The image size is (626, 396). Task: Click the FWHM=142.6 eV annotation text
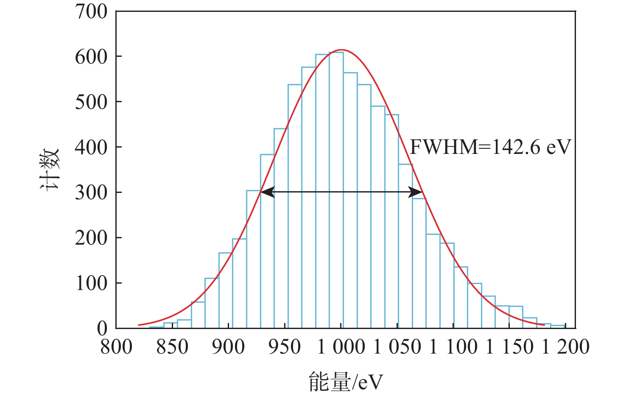pyautogui.click(x=490, y=147)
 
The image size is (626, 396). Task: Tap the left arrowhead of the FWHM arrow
pyautogui.click(x=267, y=192)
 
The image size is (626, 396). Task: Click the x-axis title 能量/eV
pyautogui.click(x=345, y=382)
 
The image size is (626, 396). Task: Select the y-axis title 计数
pyautogui.click(x=50, y=170)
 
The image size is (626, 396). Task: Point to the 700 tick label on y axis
pyautogui.click(x=91, y=12)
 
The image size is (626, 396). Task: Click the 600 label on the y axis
pyautogui.click(x=91, y=57)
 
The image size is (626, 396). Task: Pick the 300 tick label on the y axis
pyautogui.click(x=91, y=192)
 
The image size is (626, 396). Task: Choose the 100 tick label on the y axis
pyautogui.click(x=91, y=283)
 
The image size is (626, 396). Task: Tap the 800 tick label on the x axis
pyautogui.click(x=116, y=347)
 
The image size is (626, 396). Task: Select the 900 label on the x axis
pyautogui.click(x=229, y=347)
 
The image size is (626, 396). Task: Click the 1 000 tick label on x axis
pyautogui.click(x=341, y=347)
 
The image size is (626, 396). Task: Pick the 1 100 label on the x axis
pyautogui.click(x=453, y=347)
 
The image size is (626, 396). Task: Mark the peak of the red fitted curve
pyautogui.click(x=341, y=50)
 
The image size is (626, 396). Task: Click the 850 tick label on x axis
pyautogui.click(x=172, y=347)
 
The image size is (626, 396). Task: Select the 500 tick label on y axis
pyautogui.click(x=91, y=102)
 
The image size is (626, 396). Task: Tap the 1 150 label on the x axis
pyautogui.click(x=510, y=347)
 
